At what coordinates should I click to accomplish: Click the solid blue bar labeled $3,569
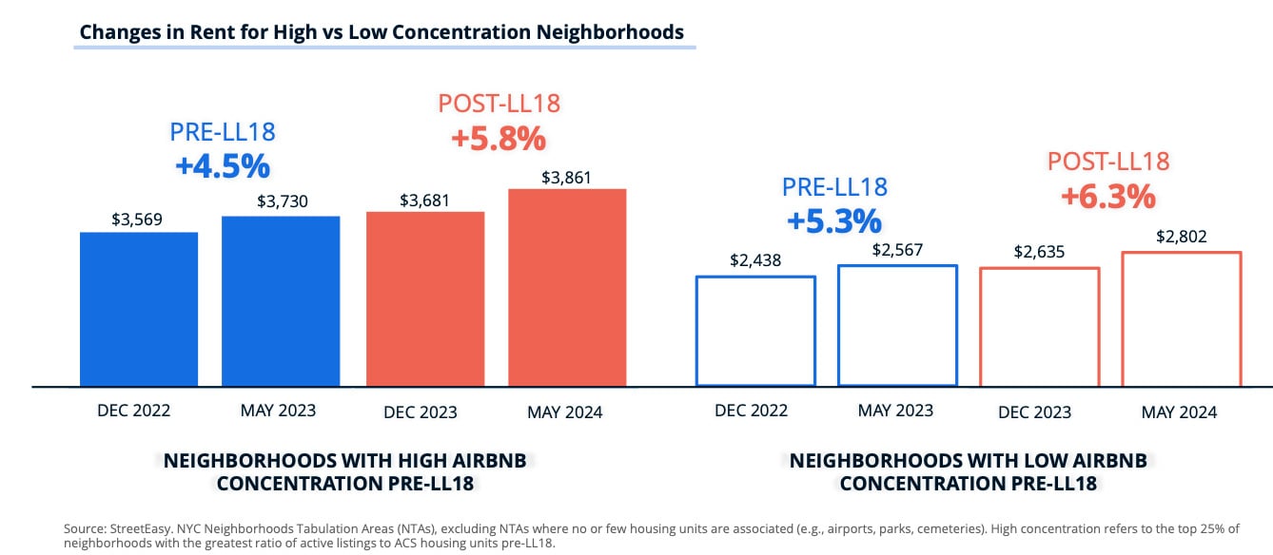[x=139, y=309]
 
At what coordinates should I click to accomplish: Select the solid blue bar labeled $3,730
[x=281, y=301]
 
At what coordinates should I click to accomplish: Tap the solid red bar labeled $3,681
[x=425, y=298]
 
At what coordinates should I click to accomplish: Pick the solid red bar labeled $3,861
[x=567, y=287]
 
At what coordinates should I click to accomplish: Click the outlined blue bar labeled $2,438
[x=755, y=331]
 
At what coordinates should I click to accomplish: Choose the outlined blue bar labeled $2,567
[x=897, y=325]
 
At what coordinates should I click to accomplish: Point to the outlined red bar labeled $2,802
[x=1181, y=319]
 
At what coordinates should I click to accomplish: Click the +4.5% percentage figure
[x=223, y=166]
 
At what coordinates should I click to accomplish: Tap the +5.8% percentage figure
[x=499, y=139]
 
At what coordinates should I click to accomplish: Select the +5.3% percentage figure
[x=834, y=220]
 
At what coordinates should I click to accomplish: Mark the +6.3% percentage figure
[x=1108, y=197]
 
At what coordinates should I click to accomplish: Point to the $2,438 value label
[x=755, y=260]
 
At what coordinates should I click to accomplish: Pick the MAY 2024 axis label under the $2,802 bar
[x=1179, y=412]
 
